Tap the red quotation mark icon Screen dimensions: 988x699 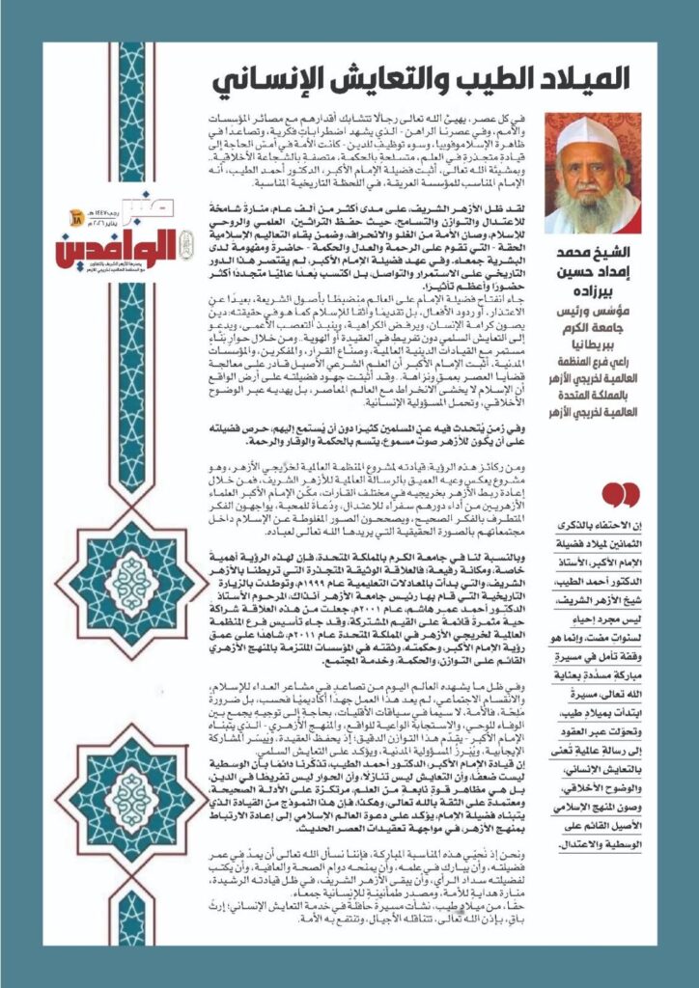coord(620,495)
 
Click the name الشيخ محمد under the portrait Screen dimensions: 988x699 coord(599,256)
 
